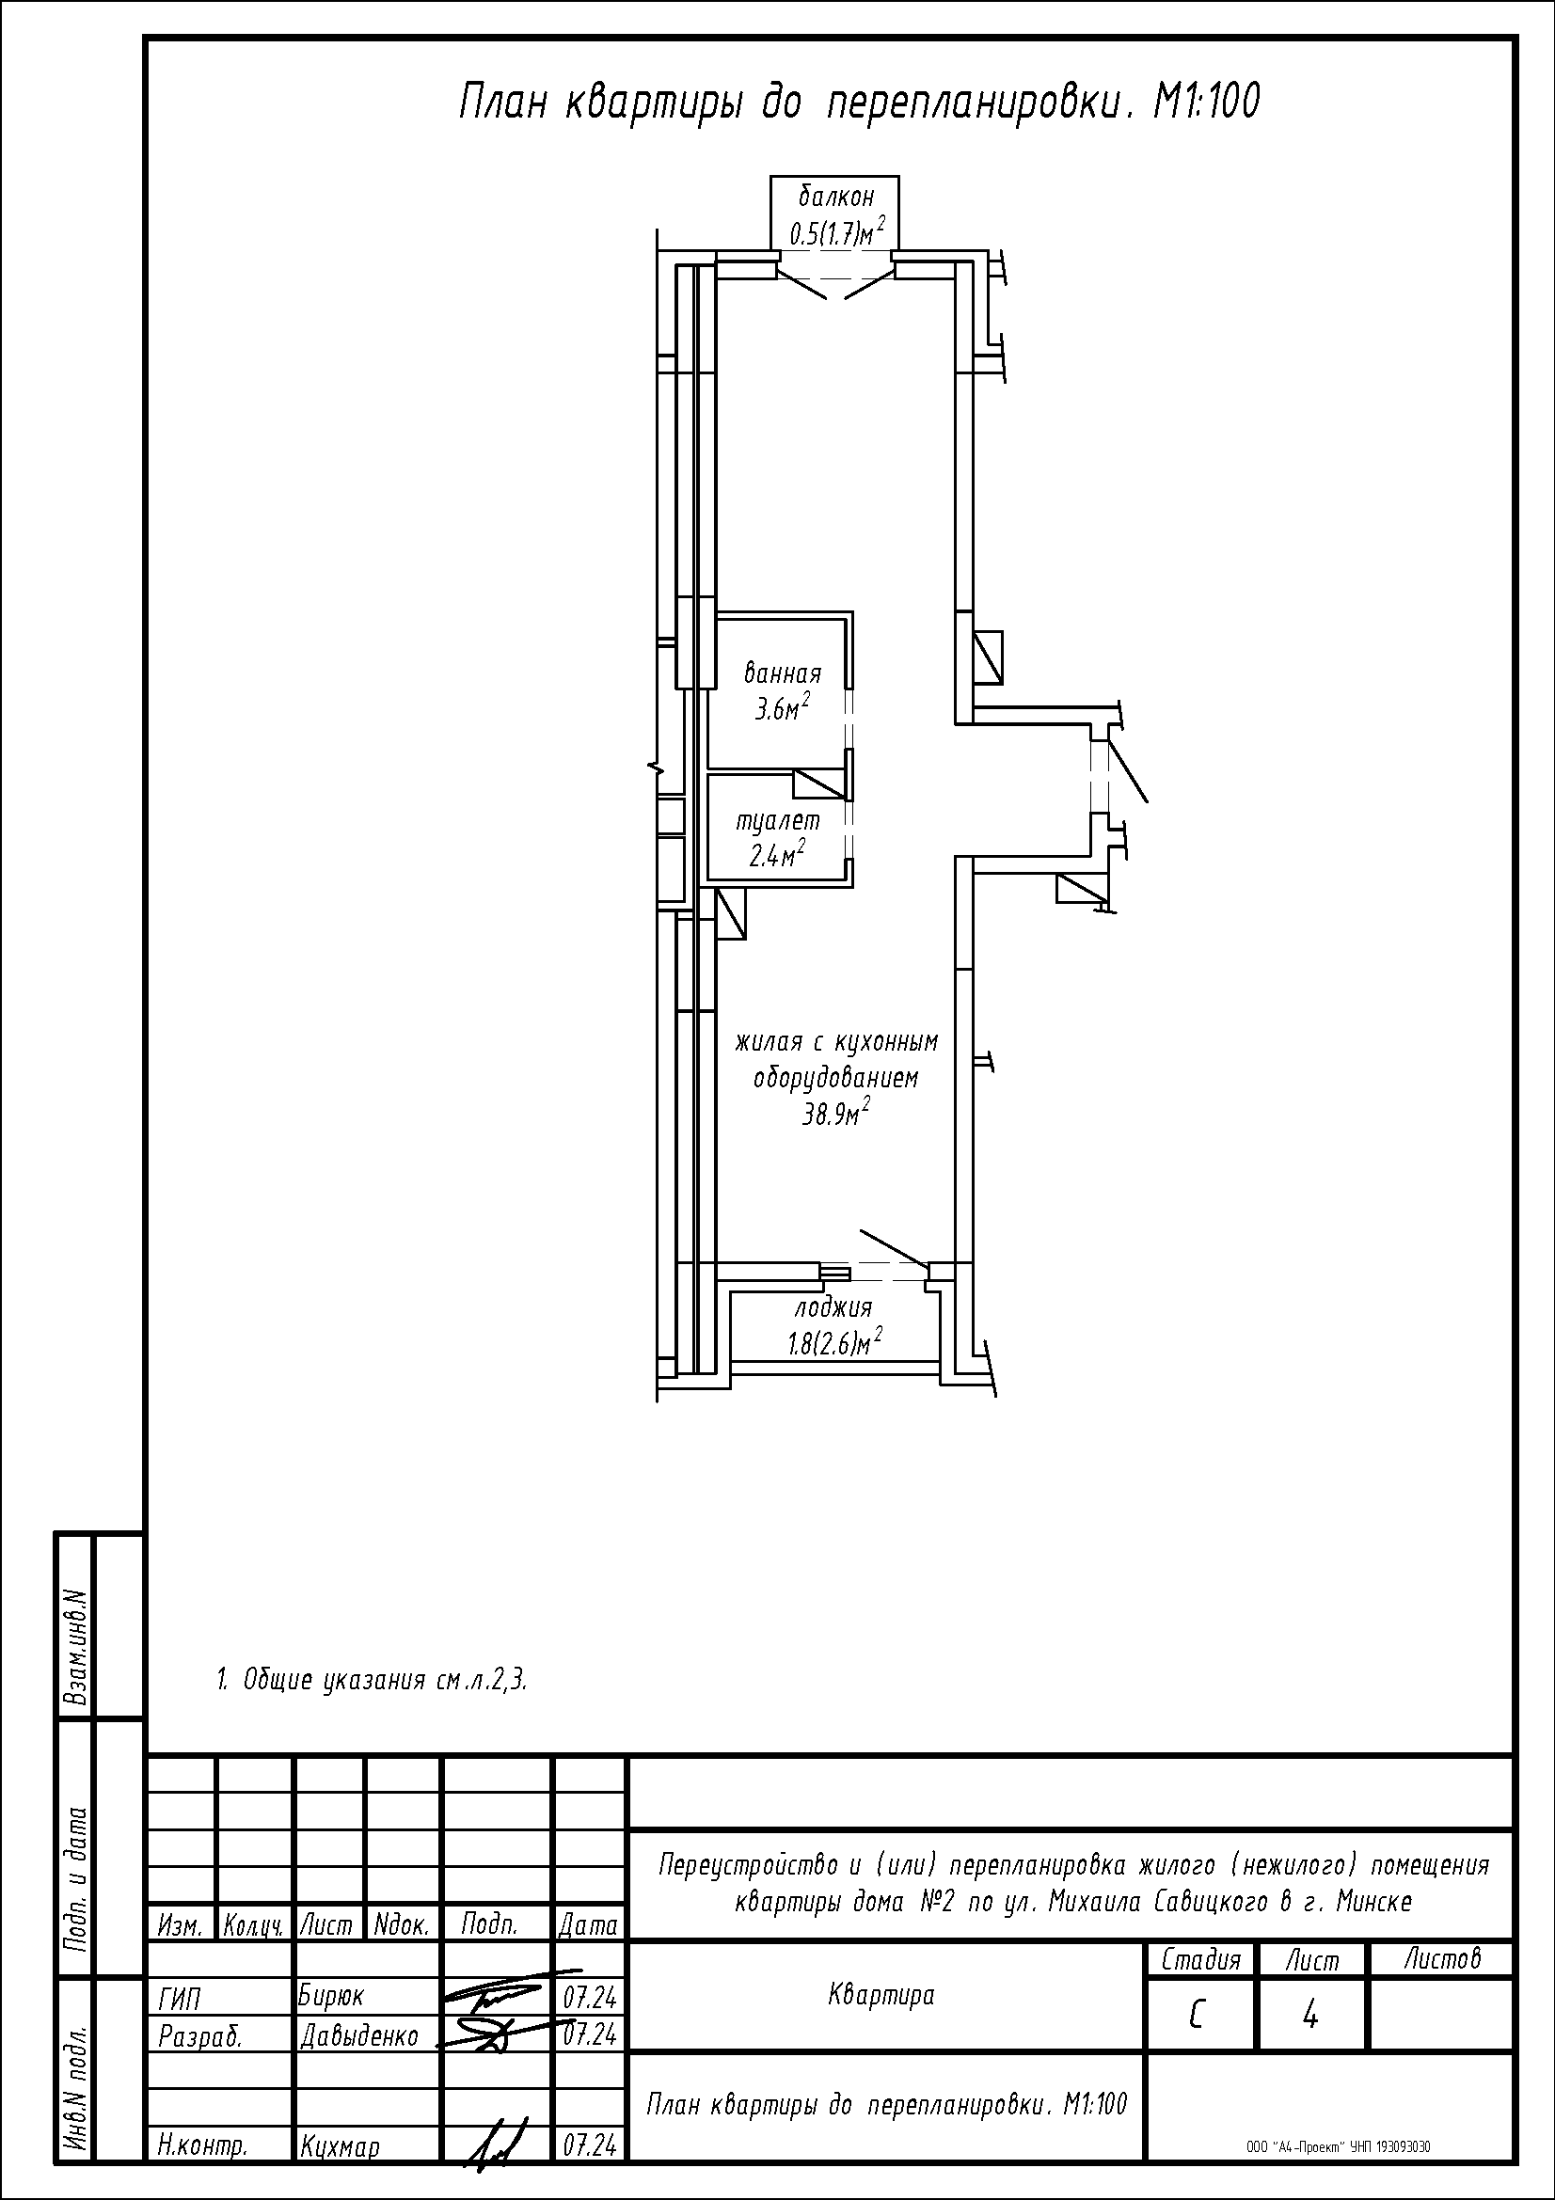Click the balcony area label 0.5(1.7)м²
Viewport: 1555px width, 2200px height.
pos(835,233)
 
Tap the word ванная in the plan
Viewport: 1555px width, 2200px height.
pos(783,673)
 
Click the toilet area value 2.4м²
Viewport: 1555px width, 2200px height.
pos(777,855)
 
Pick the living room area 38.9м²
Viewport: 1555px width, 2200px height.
pos(835,1114)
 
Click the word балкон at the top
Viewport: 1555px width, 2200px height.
pos(836,198)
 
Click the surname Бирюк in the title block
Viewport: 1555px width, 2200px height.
pos(331,1989)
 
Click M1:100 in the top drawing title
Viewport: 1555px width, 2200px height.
pos(1205,103)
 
